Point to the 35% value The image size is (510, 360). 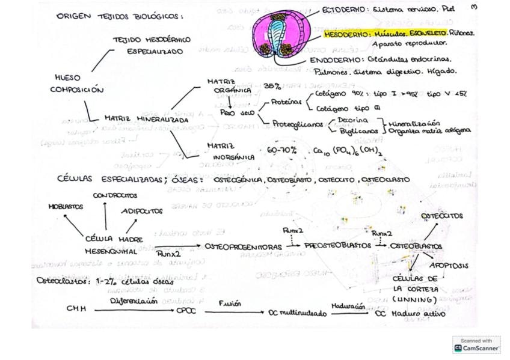pos(272,86)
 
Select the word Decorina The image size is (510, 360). pos(353,121)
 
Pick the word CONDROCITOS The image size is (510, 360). pos(115,195)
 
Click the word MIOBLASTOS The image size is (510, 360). pos(66,206)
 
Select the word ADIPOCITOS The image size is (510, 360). pos(142,211)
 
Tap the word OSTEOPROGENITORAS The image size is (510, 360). pos(243,246)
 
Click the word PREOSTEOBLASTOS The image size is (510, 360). pos(337,246)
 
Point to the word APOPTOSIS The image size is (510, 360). pos(449,265)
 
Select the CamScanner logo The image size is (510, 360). pos(476,344)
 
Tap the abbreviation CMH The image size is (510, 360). pos(76,309)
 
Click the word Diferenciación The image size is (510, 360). pos(134,301)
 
